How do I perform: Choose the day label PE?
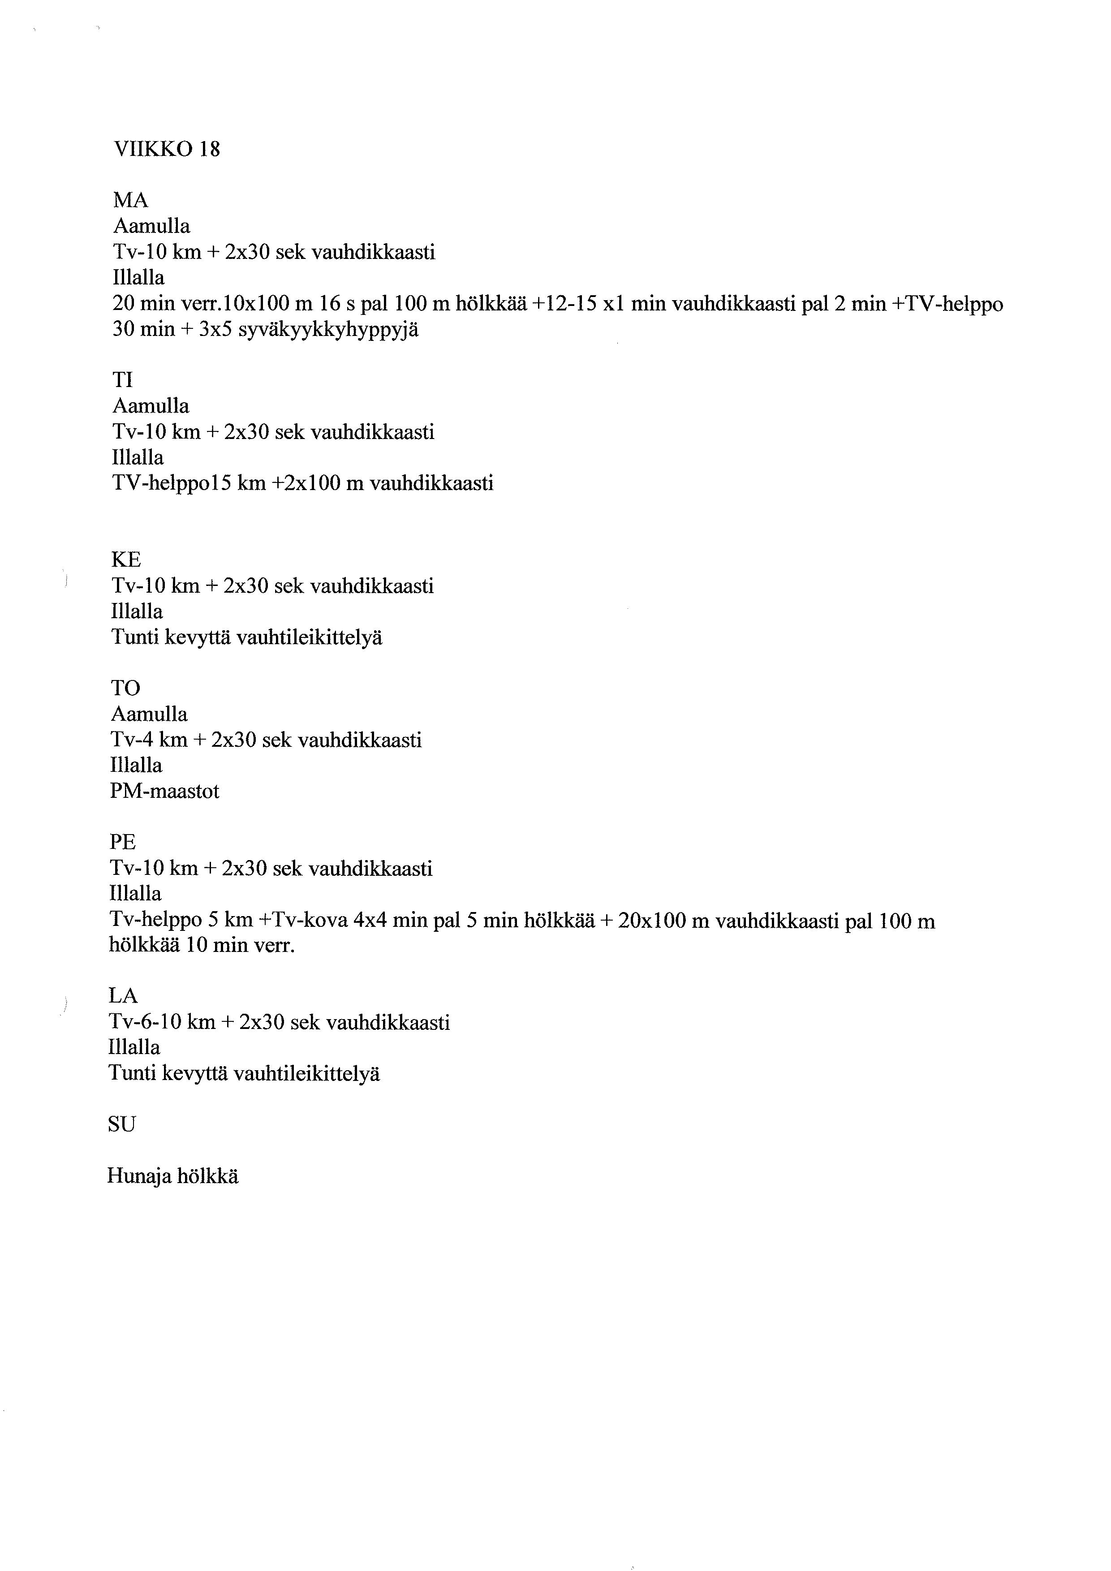[x=123, y=842]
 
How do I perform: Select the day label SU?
[x=122, y=1124]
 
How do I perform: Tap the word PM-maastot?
[x=164, y=792]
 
